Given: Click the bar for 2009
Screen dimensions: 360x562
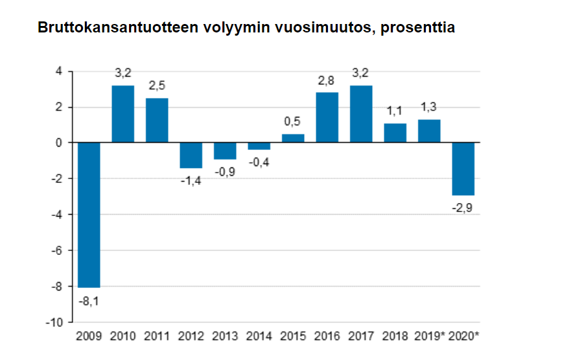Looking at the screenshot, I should click(89, 215).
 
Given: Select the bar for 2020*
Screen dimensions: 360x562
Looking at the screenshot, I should click(463, 169).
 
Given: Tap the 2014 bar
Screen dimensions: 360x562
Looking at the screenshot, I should click(259, 146).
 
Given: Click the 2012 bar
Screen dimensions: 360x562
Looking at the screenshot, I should click(191, 155).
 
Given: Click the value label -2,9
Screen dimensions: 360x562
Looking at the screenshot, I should click(463, 208).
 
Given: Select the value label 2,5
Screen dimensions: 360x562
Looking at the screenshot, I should click(157, 85).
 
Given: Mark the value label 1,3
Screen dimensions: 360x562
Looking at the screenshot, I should click(429, 106).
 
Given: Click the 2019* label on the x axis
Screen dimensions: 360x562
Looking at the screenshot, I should click(429, 336).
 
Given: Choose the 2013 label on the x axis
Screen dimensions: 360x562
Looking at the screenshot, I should click(225, 336).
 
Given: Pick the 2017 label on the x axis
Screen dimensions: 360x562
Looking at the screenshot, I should click(361, 336).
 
